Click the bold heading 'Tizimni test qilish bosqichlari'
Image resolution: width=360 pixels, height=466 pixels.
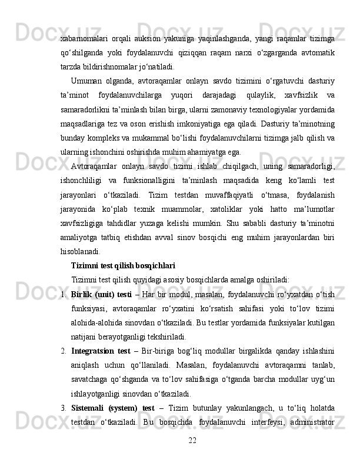pos(123,265)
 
